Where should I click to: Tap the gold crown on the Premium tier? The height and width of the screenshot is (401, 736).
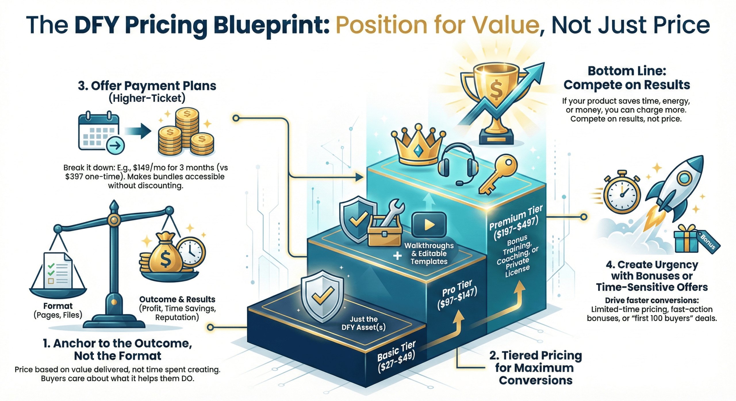pos(418,146)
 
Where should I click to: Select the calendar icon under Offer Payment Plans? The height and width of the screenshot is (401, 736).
pos(99,132)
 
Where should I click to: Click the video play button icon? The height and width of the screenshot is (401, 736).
pos(429,225)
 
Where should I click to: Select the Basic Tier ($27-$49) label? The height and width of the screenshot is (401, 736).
pos(397,356)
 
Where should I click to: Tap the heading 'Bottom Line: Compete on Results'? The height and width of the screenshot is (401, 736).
pos(627,78)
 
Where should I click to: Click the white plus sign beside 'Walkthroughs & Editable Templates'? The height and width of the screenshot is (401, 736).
pos(397,255)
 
